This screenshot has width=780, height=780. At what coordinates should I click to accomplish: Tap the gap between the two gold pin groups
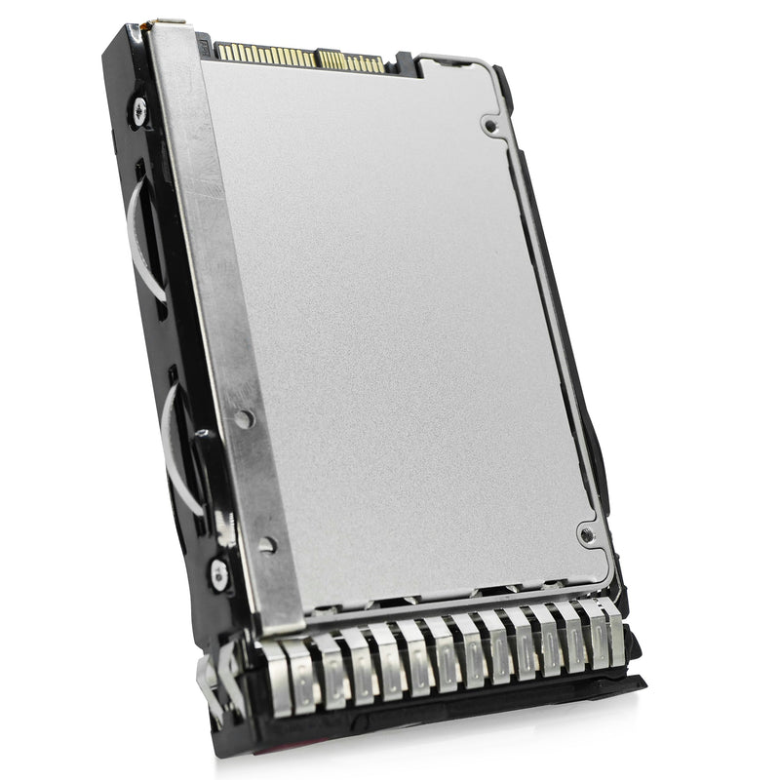317,58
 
